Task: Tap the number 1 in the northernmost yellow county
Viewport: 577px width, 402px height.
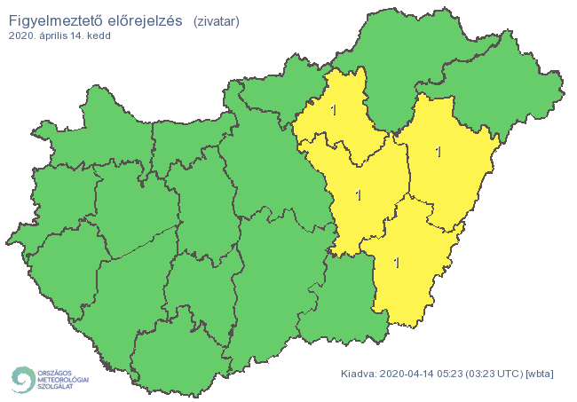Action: coord(333,111)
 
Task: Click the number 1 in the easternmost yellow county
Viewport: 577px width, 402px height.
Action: coord(438,152)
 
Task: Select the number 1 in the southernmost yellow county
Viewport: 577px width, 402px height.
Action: coord(396,263)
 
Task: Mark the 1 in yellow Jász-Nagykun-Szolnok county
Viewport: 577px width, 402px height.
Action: coord(358,194)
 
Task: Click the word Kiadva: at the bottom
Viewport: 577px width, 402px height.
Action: coord(360,374)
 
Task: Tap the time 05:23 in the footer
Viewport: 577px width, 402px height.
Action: coord(453,374)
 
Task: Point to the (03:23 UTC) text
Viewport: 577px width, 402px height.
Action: coord(496,374)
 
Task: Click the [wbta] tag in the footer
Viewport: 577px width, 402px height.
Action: coord(540,374)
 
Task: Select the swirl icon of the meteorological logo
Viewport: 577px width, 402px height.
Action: coord(22,379)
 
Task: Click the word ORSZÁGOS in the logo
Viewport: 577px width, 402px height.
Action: coord(56,372)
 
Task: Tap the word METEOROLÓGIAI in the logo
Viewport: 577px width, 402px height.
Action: coord(64,379)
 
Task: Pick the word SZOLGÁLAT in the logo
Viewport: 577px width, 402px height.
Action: coord(58,387)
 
